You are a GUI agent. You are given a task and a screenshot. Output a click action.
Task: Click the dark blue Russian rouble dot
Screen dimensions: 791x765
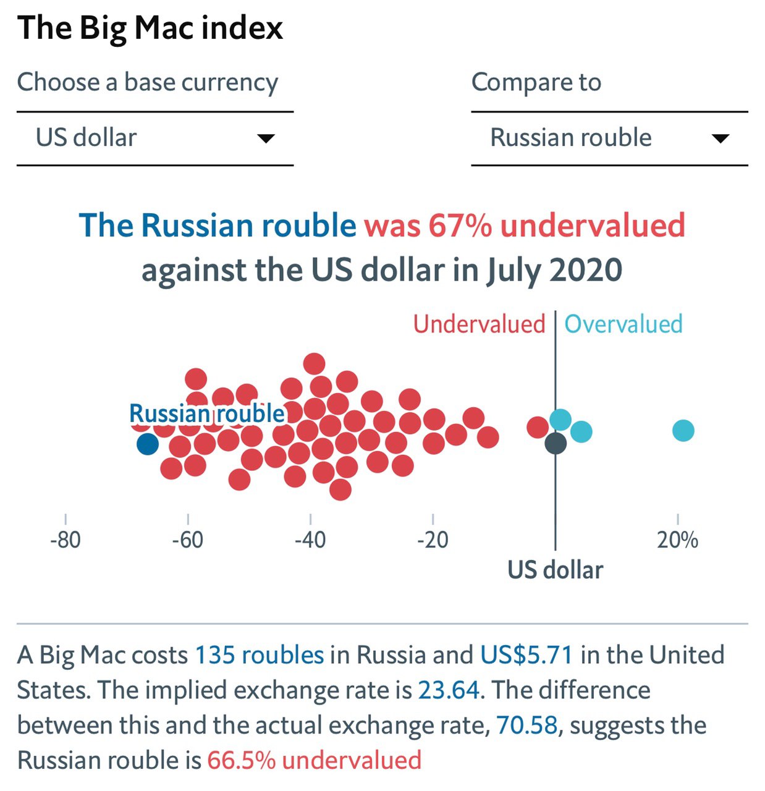(147, 444)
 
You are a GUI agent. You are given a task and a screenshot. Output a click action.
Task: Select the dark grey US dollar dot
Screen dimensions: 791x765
(556, 443)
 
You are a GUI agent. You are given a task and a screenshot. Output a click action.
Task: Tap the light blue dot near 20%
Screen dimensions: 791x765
(683, 430)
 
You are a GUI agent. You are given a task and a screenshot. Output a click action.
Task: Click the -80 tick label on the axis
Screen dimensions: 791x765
(66, 540)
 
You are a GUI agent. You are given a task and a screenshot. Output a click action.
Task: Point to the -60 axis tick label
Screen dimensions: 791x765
(188, 540)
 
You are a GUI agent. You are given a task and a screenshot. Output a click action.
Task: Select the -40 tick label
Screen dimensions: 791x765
(310, 540)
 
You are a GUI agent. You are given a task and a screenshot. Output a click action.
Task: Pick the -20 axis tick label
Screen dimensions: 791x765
(433, 540)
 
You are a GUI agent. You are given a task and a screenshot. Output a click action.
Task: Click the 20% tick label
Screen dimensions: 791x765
(677, 540)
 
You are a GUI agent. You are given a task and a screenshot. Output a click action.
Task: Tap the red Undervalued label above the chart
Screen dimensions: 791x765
(479, 324)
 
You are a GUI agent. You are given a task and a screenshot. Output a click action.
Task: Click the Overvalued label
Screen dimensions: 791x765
(623, 324)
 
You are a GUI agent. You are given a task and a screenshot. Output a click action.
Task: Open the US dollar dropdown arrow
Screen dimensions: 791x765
(266, 138)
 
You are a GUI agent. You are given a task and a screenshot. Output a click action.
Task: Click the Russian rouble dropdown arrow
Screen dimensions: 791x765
(720, 138)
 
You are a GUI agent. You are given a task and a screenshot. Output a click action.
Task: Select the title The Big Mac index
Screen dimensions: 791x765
(150, 28)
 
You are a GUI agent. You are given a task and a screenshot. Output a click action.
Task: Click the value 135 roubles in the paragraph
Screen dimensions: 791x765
(260, 655)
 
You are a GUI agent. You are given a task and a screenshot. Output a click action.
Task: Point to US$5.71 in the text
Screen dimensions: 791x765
(526, 655)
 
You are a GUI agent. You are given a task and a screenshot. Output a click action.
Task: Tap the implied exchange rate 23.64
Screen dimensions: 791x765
(449, 690)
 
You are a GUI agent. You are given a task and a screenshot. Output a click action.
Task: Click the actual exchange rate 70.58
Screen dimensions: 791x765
(526, 725)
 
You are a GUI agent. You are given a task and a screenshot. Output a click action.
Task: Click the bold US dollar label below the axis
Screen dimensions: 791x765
(555, 570)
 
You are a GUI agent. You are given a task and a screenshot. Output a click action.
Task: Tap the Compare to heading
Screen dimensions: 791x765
(536, 82)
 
